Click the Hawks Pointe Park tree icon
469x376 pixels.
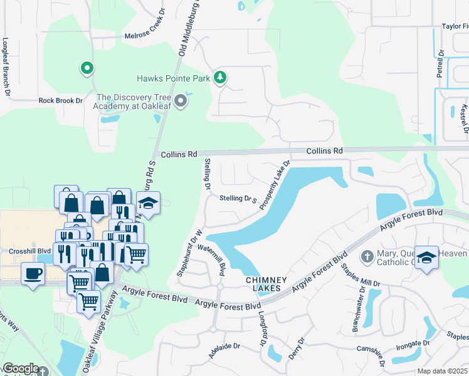219,78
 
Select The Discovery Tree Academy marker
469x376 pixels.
181,102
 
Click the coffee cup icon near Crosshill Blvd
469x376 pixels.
33,273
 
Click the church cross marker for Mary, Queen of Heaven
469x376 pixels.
368,256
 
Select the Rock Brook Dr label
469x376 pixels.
61,100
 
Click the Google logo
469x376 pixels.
20,368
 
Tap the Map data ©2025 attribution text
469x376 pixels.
442,371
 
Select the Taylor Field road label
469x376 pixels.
455,27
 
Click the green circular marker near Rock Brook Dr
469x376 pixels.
87,68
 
